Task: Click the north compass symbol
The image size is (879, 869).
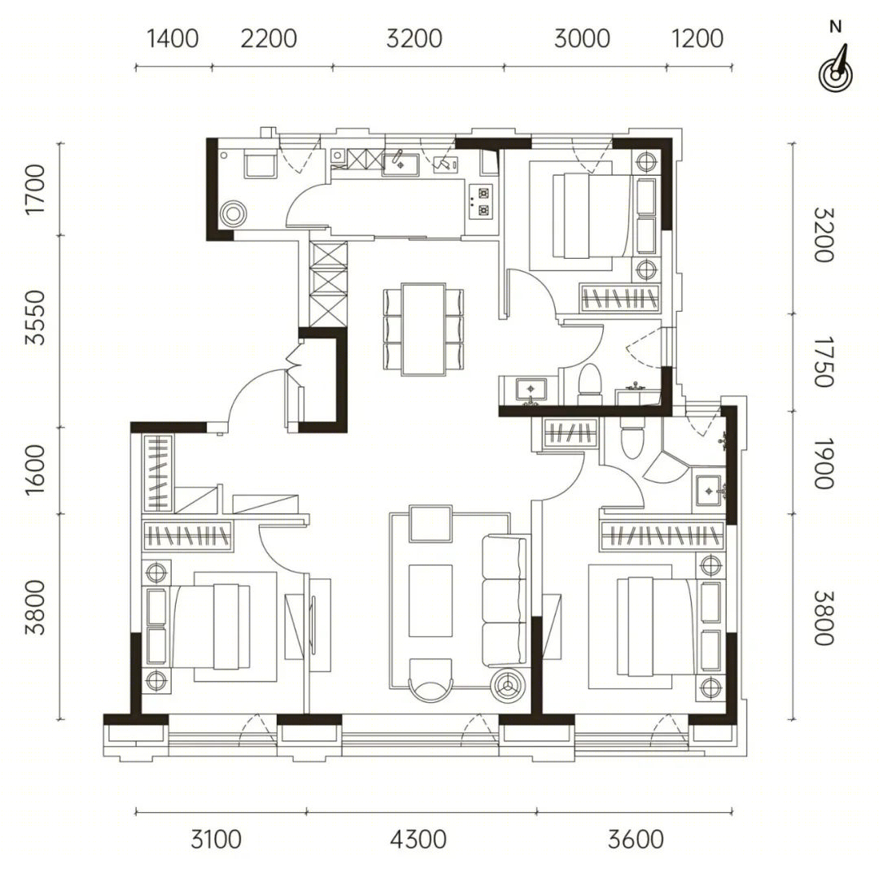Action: coord(835,69)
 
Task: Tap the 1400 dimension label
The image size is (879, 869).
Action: coord(173,39)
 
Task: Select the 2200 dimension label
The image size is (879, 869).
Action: coord(269,39)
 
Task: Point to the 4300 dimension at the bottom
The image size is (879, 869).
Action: coord(418,840)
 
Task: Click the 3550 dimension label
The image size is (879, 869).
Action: coord(35,317)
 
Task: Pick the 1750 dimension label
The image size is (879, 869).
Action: coord(824,361)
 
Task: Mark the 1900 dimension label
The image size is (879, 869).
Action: coord(824,463)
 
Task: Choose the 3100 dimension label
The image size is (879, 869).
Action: coord(216,840)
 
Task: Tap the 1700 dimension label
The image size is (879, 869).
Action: coord(35,189)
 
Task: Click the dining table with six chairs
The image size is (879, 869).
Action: coord(424,329)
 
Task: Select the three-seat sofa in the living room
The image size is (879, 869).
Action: coord(505,601)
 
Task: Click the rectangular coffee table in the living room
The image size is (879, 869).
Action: coord(431,600)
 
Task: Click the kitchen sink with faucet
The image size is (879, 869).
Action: coord(400,164)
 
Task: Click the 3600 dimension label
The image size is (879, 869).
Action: coord(636,840)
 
